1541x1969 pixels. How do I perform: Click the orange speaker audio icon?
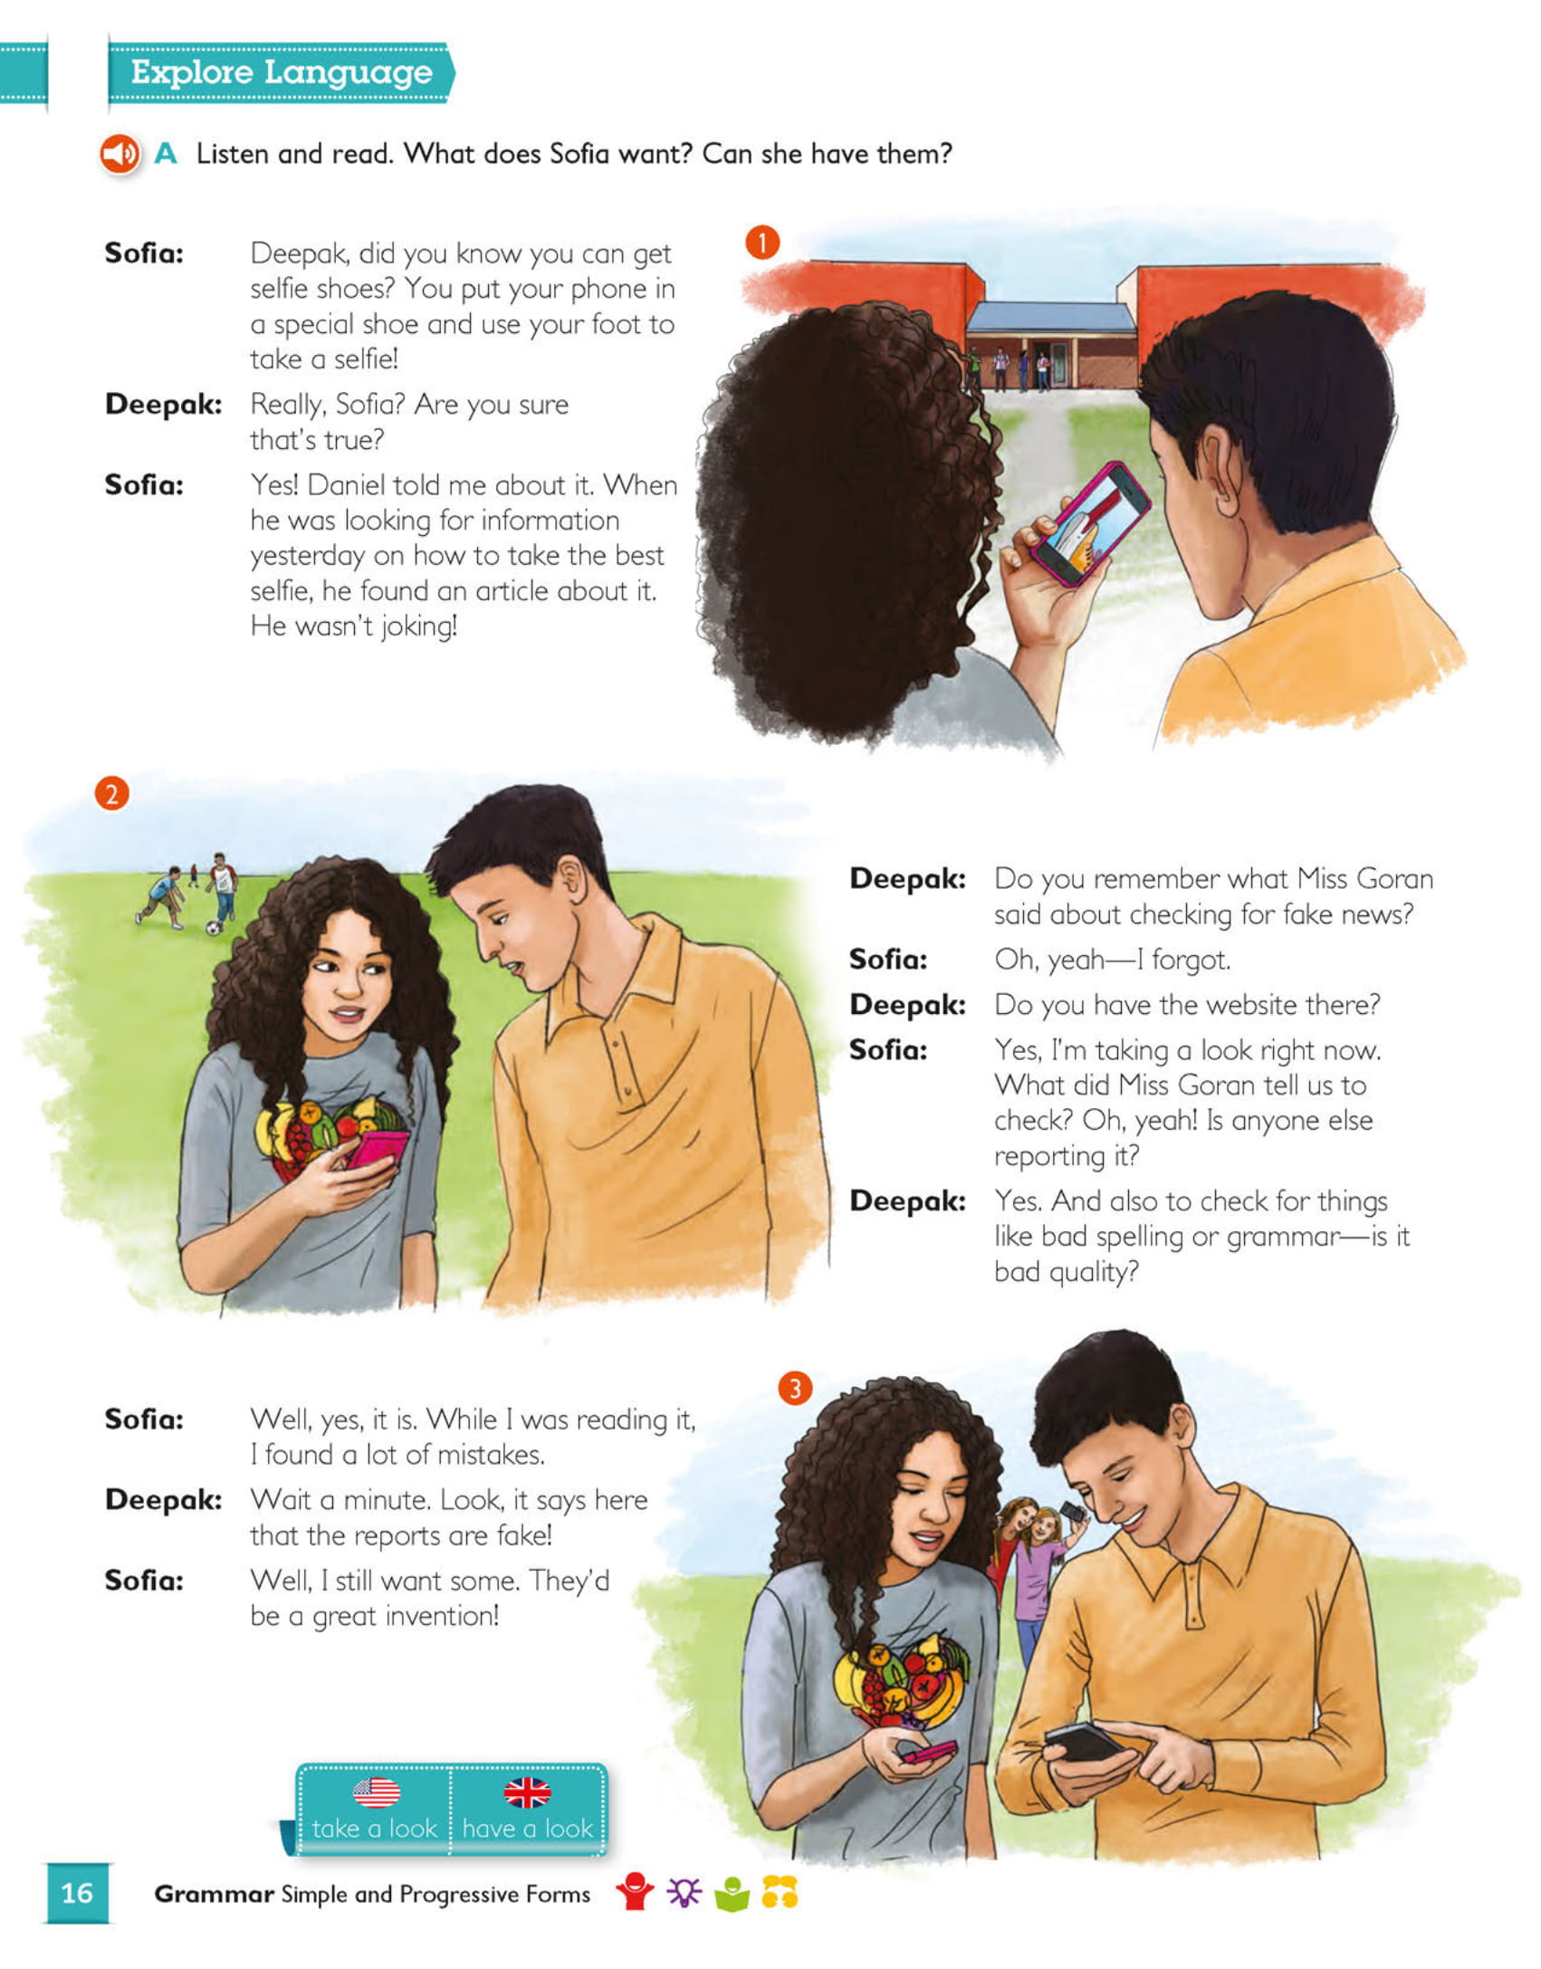tap(120, 154)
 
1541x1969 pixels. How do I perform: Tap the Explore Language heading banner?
tap(281, 72)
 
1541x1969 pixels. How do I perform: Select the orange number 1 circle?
tap(762, 243)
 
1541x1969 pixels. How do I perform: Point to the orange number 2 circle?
tap(111, 794)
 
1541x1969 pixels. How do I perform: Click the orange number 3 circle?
tap(795, 1388)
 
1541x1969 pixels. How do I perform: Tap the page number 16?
tap(77, 1893)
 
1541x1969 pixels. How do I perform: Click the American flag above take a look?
tap(376, 1792)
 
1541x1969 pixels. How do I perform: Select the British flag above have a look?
tap(527, 1792)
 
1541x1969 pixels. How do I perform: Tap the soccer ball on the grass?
tap(213, 927)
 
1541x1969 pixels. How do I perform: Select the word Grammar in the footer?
tap(214, 1894)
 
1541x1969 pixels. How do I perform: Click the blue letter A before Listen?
tap(165, 154)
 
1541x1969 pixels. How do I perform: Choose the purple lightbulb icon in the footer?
tap(684, 1892)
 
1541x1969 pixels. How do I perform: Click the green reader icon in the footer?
tap(732, 1893)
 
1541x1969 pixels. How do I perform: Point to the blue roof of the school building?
tap(1050, 317)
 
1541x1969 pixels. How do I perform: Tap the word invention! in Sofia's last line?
tap(442, 1616)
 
